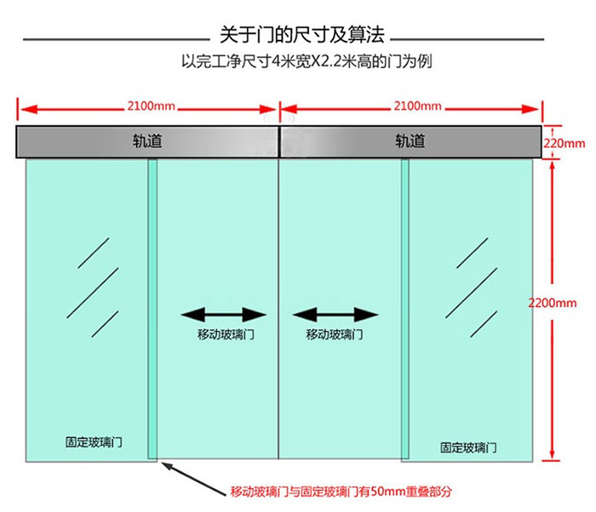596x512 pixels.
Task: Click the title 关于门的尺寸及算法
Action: [302, 35]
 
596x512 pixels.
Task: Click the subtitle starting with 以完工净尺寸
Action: [307, 61]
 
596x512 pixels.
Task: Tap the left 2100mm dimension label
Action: [152, 105]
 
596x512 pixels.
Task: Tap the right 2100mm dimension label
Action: [417, 105]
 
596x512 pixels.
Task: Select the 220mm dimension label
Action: [564, 144]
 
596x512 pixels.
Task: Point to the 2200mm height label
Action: [553, 303]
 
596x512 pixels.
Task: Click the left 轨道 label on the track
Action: [147, 141]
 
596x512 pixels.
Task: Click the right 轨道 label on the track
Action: [410, 141]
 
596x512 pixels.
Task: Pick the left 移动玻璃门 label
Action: [226, 334]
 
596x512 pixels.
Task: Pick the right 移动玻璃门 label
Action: [335, 334]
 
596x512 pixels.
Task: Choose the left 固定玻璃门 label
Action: [94, 442]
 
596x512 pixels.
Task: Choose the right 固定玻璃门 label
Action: [468, 447]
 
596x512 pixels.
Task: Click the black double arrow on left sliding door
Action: [223, 315]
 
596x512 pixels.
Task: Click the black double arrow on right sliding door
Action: [335, 315]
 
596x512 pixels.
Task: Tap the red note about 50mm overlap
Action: [341, 492]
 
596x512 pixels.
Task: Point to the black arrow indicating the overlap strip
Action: [193, 478]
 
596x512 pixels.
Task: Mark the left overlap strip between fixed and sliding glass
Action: [152, 309]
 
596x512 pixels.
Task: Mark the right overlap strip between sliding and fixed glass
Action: [405, 309]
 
